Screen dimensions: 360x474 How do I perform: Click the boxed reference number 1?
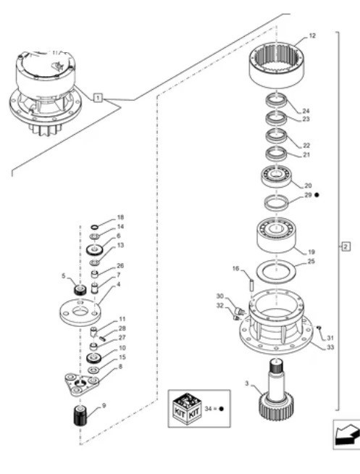[98, 98]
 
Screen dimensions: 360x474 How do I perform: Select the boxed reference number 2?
[346, 246]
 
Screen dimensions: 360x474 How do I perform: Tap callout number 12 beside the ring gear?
[312, 36]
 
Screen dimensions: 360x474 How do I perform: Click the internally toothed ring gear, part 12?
[277, 65]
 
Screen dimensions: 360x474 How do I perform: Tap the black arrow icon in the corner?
[347, 435]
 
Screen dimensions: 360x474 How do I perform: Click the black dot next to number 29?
[317, 195]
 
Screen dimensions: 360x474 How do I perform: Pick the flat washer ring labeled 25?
[276, 272]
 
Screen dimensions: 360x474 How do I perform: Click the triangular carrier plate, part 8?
[82, 384]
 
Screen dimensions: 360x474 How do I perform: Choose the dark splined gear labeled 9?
[80, 415]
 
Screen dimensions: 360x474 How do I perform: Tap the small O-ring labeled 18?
[95, 227]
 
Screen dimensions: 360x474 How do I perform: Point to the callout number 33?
[331, 347]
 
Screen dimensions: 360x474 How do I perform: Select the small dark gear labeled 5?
[80, 290]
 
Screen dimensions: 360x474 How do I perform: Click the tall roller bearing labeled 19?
[276, 235]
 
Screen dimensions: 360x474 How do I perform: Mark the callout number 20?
[308, 186]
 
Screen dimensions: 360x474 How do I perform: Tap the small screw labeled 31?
[318, 328]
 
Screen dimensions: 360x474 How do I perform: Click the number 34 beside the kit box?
[208, 409]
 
